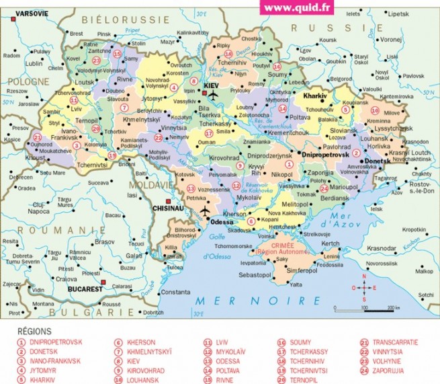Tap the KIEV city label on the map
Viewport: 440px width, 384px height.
point(212,86)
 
